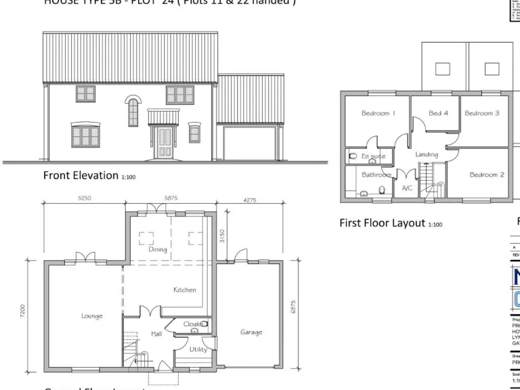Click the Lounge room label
[x=92, y=316]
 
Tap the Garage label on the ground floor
[x=251, y=332]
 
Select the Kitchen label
[x=184, y=290]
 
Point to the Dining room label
[x=157, y=250]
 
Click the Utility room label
[x=198, y=349]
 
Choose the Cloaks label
[x=193, y=324]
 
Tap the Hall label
[x=156, y=334]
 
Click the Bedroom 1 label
[x=378, y=114]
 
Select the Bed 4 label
[x=439, y=113]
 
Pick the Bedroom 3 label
[x=482, y=113]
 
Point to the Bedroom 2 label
[x=487, y=175]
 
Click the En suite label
[x=373, y=156]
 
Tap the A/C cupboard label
[x=408, y=188]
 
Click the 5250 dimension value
[x=85, y=198]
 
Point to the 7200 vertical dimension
[x=23, y=311]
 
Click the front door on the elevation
[x=164, y=143]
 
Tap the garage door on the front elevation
[x=247, y=146]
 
